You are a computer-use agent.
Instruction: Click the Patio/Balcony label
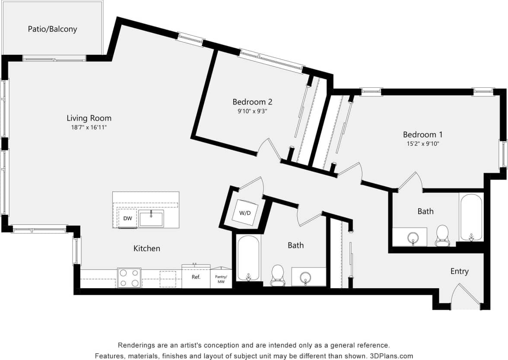click(x=52, y=29)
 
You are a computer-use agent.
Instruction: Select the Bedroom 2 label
click(x=252, y=102)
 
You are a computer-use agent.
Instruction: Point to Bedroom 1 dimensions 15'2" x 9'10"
click(x=422, y=143)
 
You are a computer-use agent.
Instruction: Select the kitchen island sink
click(x=151, y=218)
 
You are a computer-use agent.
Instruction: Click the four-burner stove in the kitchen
click(x=129, y=278)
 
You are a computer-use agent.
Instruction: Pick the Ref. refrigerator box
click(x=196, y=277)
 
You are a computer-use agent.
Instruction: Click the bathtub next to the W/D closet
click(x=248, y=258)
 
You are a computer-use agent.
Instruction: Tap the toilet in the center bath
click(x=277, y=275)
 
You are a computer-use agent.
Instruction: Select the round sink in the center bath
click(x=306, y=277)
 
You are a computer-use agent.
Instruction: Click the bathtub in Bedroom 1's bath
click(x=471, y=217)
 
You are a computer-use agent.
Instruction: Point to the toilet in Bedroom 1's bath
click(x=442, y=235)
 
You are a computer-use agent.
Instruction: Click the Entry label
click(x=459, y=271)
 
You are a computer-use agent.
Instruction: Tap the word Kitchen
click(x=147, y=248)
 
